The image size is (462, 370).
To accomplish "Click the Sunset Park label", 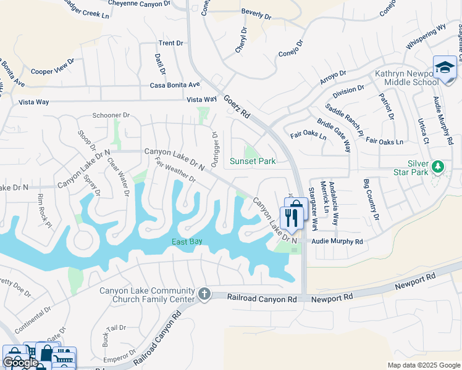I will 252,162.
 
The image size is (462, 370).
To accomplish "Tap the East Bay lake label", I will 187,241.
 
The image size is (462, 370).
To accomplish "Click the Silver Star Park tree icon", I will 438,167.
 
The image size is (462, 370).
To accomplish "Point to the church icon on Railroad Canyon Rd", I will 205,295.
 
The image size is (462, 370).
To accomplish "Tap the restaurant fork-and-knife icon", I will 290,217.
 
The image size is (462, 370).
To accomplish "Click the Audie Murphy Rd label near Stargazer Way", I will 337,242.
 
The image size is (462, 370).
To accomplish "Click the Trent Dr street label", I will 171,43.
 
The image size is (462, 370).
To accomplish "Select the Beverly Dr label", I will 256,13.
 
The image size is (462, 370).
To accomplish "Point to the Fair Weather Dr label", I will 175,171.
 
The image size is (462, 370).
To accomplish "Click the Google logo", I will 20,363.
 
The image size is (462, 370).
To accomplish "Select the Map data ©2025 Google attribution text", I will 423,365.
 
